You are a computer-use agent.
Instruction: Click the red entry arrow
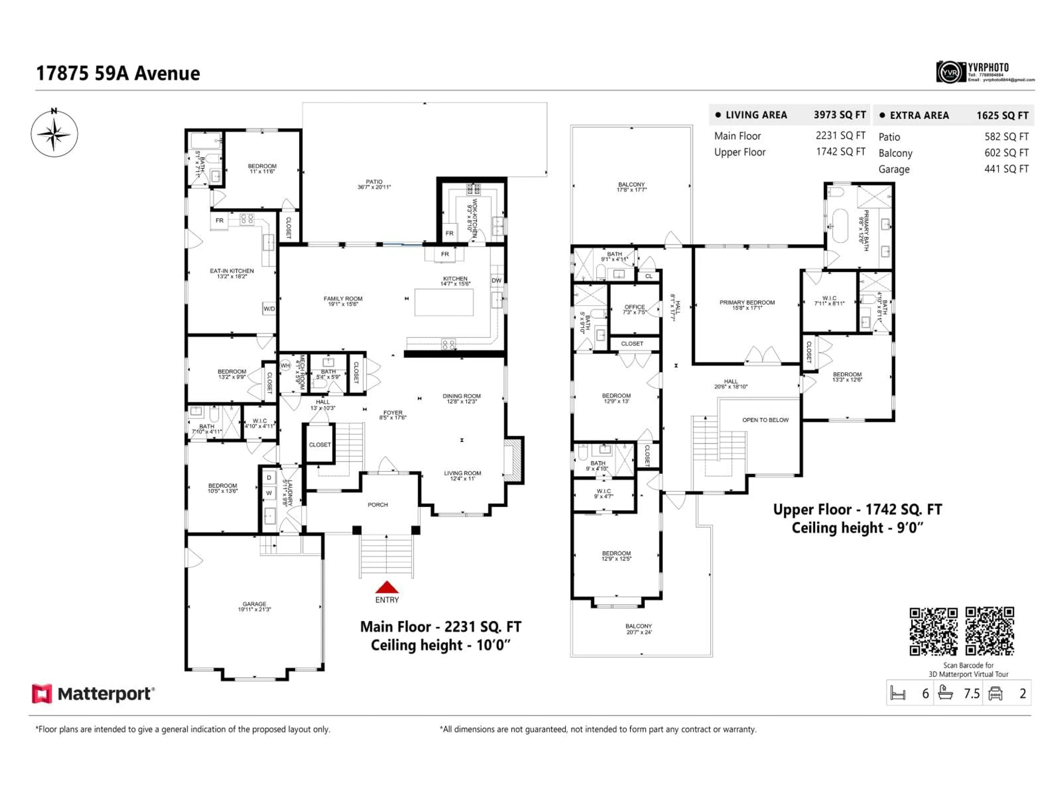click(387, 587)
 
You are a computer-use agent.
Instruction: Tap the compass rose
click(54, 133)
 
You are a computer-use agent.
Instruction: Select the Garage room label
click(254, 606)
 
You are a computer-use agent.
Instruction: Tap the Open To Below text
click(765, 420)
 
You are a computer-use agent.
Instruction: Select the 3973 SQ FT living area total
click(839, 115)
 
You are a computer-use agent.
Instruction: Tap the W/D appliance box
click(269, 308)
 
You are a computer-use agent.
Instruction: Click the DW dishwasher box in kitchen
click(497, 280)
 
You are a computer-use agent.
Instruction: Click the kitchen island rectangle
click(444, 302)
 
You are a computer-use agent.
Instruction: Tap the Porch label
click(377, 505)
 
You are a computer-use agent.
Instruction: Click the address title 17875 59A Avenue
click(118, 74)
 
